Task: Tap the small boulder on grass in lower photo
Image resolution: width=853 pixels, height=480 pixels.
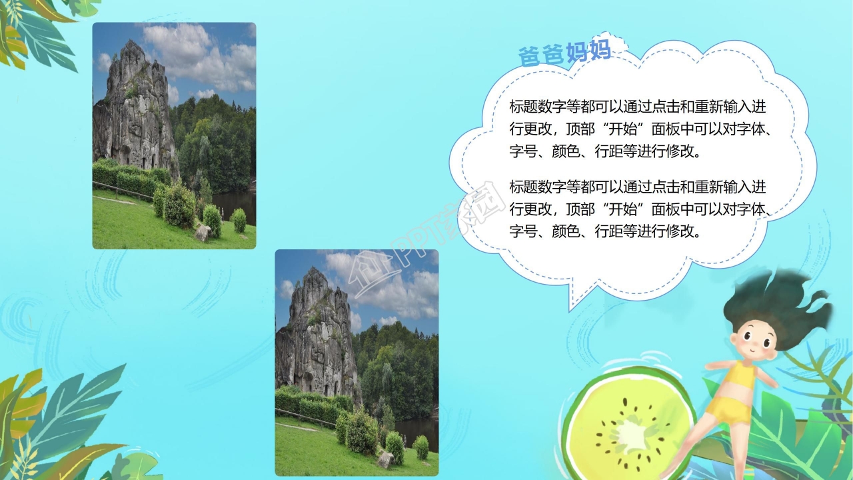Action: (385, 459)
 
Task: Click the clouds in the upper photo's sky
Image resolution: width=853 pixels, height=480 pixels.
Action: (200, 57)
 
